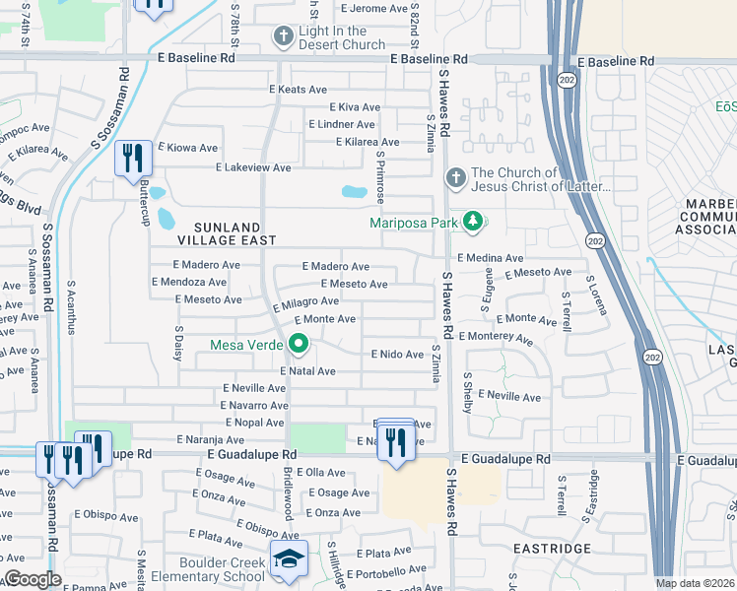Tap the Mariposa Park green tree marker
474,222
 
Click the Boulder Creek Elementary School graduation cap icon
289,558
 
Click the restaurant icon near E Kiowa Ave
131,159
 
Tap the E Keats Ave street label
298,90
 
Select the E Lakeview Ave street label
254,167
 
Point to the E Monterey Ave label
496,336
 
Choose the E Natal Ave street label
308,371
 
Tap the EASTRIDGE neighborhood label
553,548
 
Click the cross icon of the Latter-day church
454,178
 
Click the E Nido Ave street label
396,354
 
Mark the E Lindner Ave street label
342,125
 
